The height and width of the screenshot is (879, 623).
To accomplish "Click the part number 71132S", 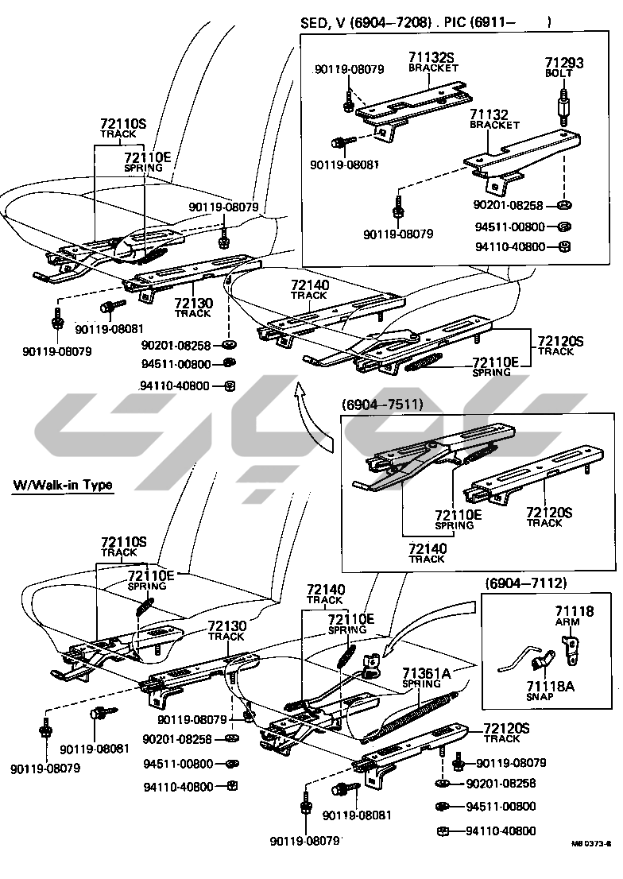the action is [431, 56].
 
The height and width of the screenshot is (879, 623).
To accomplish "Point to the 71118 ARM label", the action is [575, 615].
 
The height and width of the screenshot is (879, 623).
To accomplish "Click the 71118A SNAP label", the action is [550, 691].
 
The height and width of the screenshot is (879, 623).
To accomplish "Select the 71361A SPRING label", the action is [426, 678].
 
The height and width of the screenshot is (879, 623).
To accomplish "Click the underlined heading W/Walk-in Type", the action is [63, 485].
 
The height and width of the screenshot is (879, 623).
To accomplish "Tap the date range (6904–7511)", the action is [382, 405].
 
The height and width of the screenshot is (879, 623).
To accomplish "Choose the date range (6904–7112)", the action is [525, 583].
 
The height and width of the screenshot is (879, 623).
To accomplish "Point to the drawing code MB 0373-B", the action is [591, 858].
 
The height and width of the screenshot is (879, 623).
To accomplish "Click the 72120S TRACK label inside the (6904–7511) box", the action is [549, 517].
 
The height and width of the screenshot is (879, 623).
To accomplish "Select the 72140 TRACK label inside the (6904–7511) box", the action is [428, 552].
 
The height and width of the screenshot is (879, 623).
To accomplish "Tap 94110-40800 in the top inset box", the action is [509, 246].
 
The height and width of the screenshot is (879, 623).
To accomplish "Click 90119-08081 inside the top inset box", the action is [344, 165].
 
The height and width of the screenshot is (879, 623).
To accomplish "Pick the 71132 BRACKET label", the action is [494, 119].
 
